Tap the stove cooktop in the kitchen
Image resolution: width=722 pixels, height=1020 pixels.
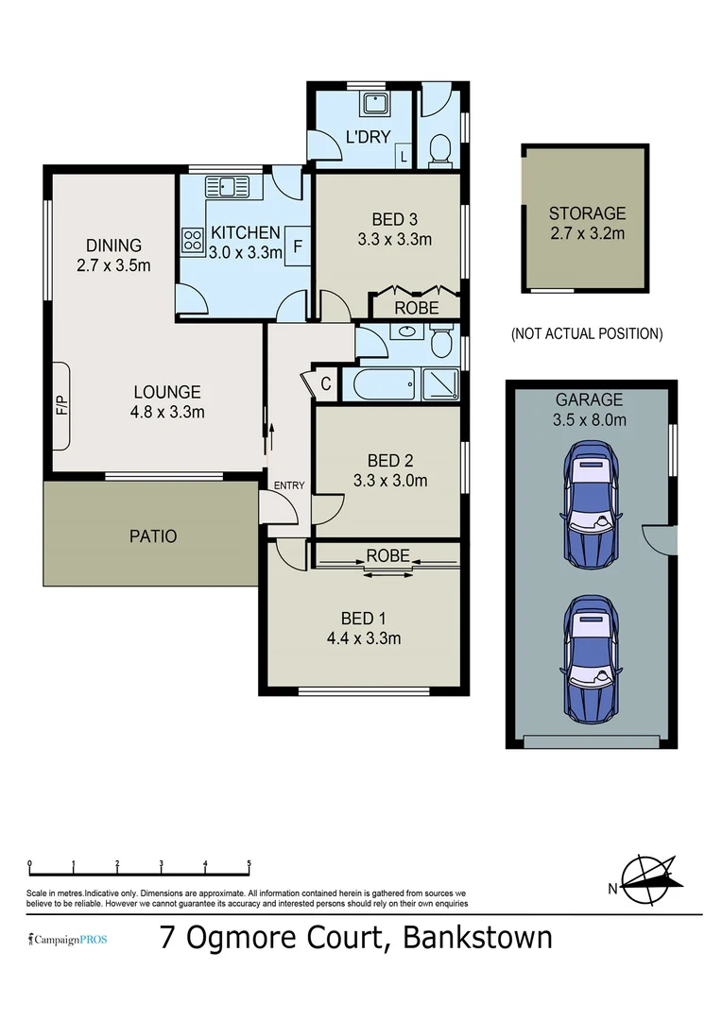(193, 240)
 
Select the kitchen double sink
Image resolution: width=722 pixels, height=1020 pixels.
(227, 186)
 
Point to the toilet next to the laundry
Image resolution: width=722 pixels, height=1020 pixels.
(439, 150)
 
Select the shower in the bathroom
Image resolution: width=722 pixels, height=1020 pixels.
(439, 384)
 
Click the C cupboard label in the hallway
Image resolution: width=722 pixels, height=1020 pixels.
(324, 384)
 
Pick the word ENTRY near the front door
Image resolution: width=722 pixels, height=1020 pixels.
(289, 485)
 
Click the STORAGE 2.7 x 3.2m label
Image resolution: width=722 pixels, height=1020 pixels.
(587, 224)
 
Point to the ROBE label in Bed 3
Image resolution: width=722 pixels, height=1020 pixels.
(416, 308)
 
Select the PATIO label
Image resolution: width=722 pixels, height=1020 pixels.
(152, 536)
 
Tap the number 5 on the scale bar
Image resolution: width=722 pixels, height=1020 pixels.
(249, 863)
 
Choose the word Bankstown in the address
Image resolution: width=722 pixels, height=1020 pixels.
(477, 938)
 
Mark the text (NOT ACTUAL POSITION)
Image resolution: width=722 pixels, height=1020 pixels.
(586, 333)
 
